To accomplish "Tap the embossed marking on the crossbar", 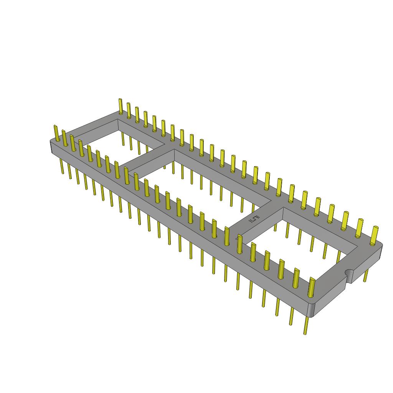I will pyautogui.click(x=255, y=220).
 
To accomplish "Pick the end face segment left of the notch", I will pyautogui.click(x=330, y=294).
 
